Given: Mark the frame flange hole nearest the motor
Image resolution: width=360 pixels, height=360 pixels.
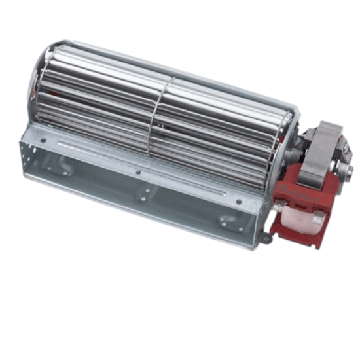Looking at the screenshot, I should [238, 202].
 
